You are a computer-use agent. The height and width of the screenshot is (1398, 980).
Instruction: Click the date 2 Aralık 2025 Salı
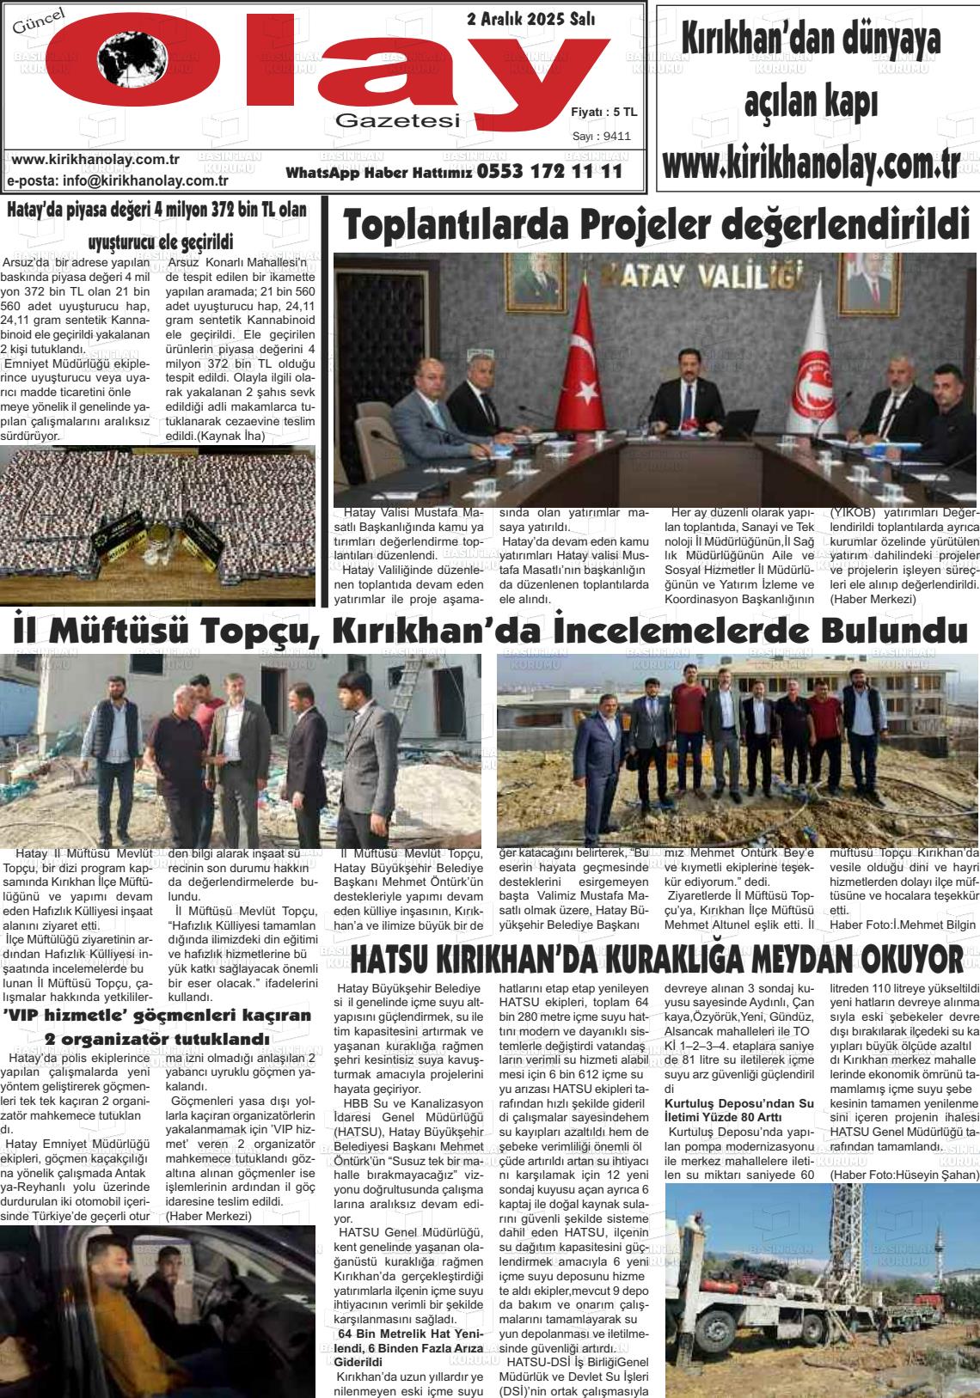(542, 19)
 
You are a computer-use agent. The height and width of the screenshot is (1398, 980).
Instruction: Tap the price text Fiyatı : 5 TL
(603, 112)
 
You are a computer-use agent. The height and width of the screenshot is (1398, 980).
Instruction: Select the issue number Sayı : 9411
(602, 136)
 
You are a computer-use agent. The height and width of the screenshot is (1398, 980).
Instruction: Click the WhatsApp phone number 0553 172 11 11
(548, 172)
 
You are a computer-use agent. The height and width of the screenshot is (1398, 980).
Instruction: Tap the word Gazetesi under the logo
(397, 122)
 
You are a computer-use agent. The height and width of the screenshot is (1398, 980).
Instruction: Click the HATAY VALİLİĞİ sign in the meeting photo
(707, 277)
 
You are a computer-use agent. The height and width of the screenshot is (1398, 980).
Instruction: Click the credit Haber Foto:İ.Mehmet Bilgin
(903, 925)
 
